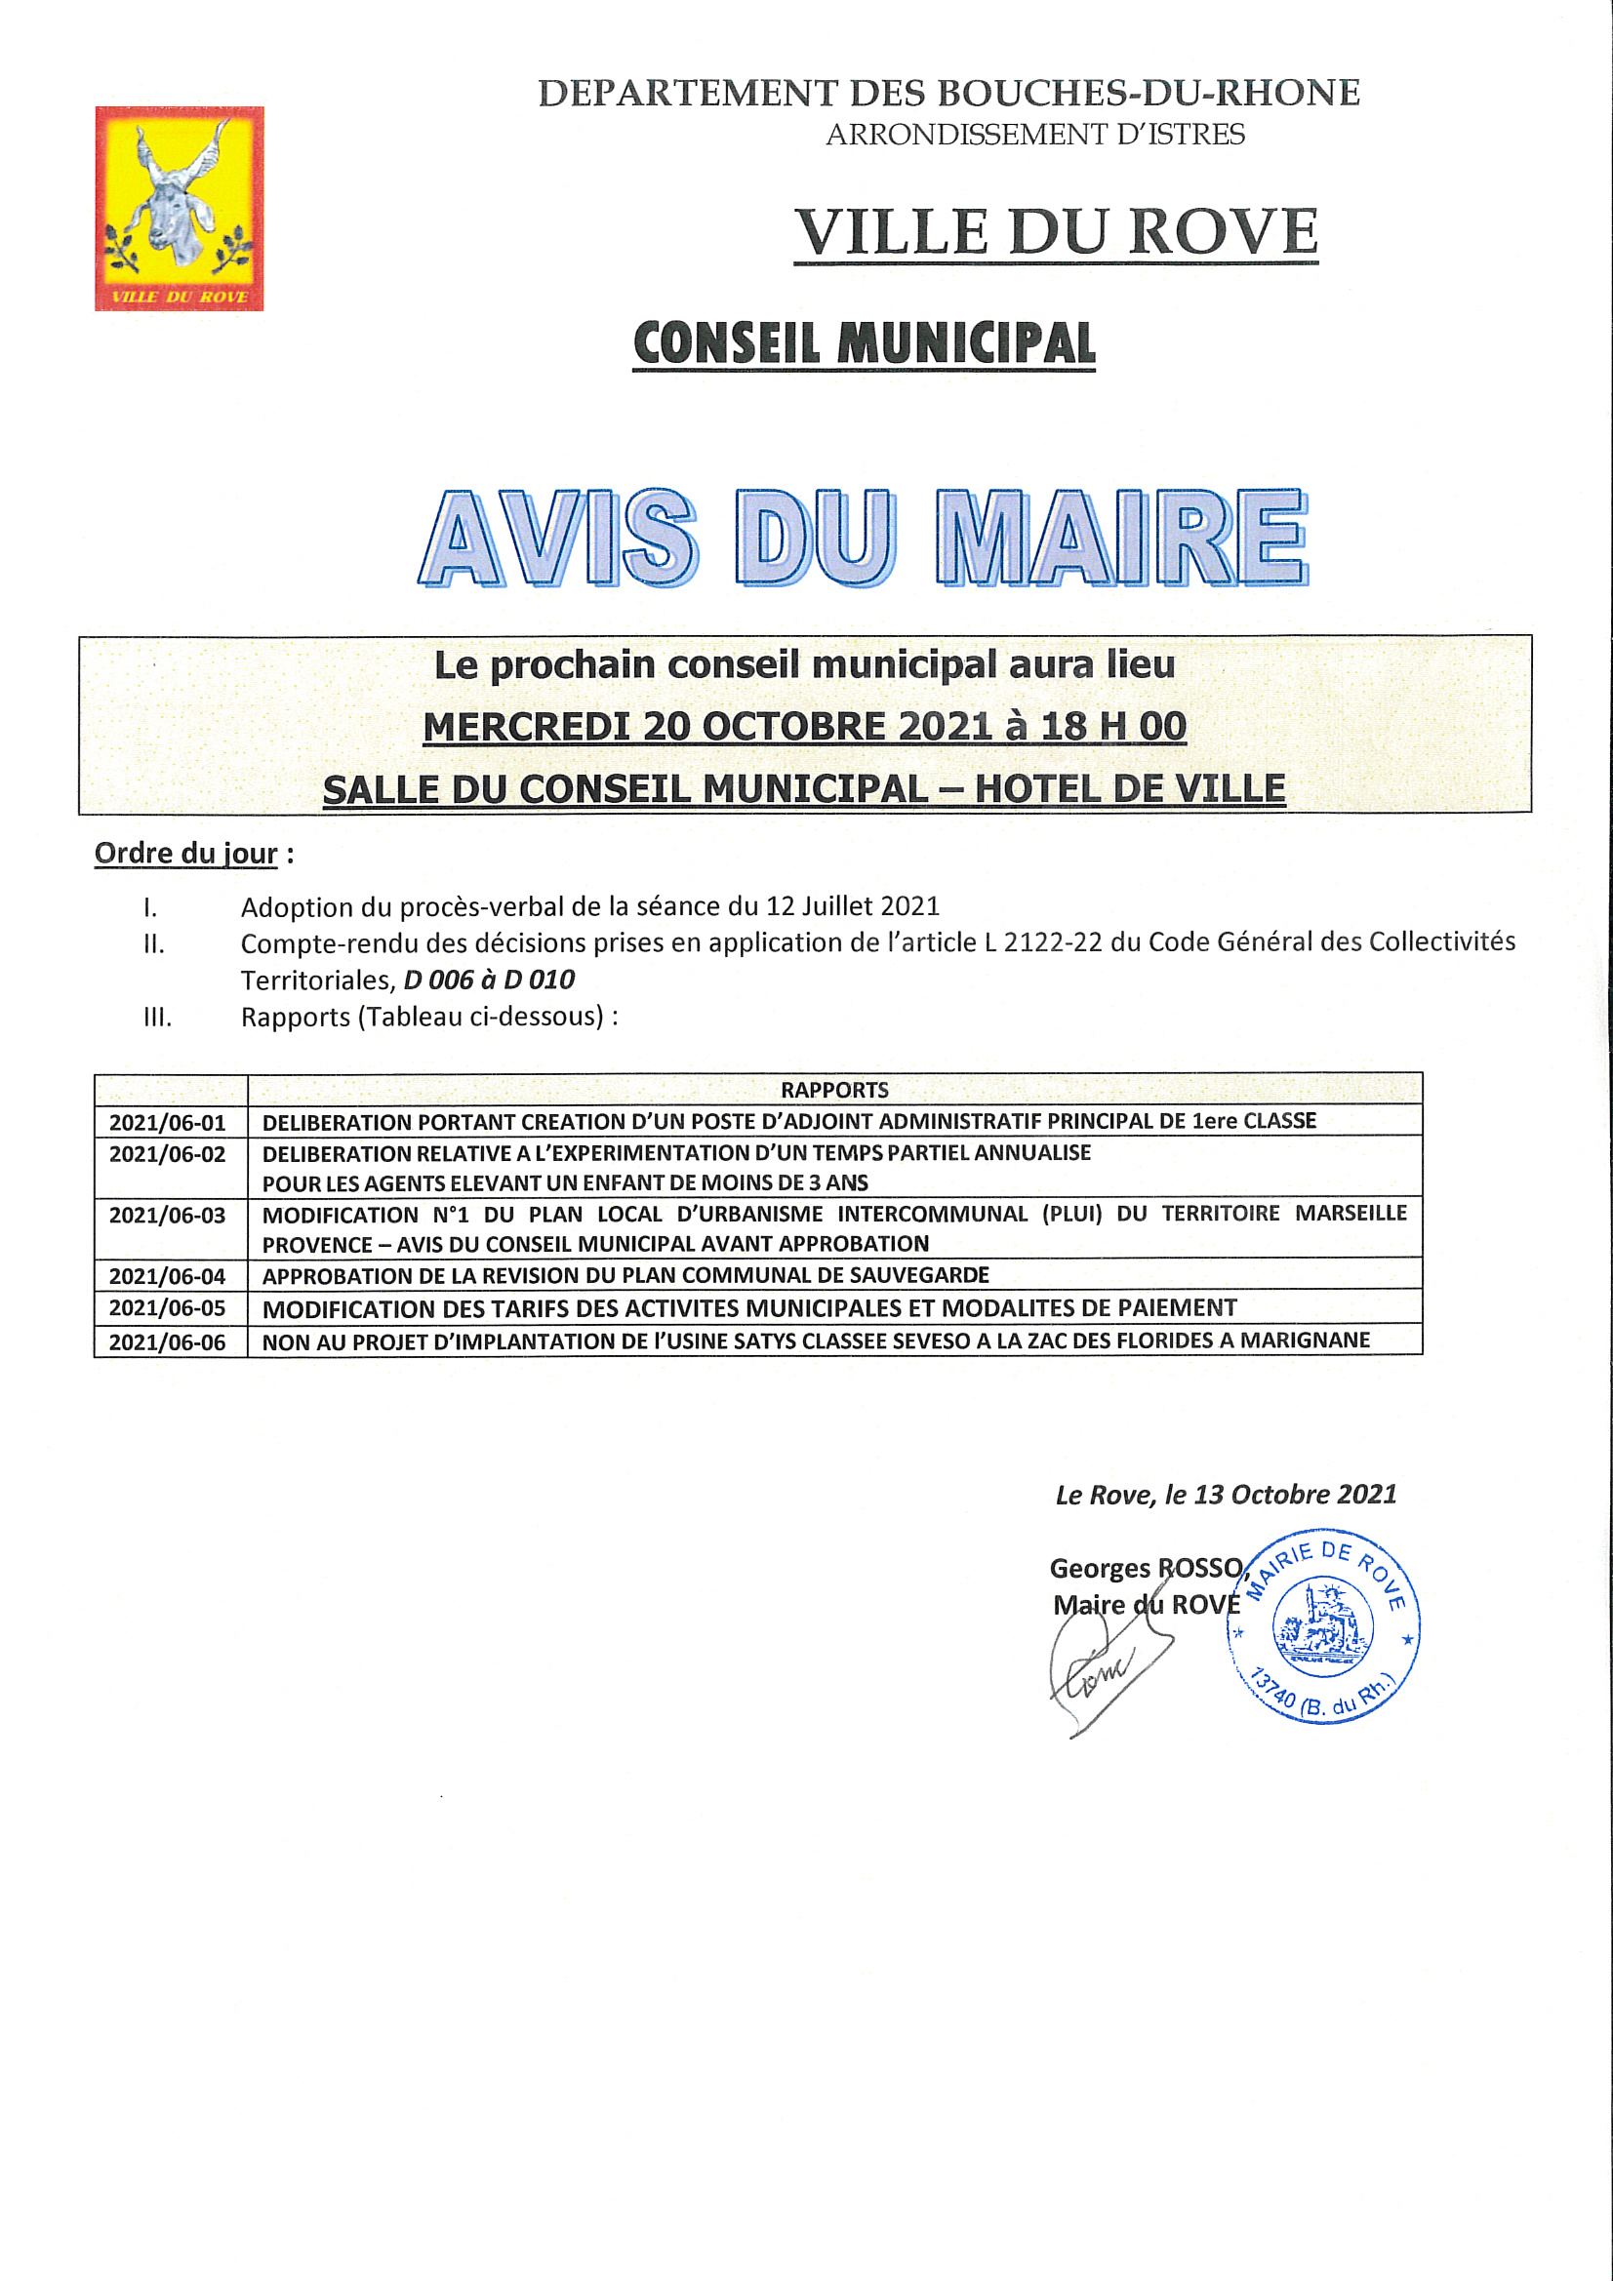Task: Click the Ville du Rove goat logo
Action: [x=179, y=208]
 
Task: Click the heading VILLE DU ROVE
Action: [x=1056, y=232]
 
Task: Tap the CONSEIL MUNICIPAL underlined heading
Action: [x=864, y=343]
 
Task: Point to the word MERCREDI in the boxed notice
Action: [x=526, y=727]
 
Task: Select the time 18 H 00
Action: [x=1113, y=727]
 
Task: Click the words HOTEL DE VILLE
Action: [x=1129, y=790]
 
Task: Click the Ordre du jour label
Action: [x=185, y=854]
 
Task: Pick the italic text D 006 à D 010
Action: [x=489, y=980]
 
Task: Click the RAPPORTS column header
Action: [x=834, y=1090]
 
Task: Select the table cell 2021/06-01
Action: [x=168, y=1123]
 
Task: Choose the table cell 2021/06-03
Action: [x=168, y=1215]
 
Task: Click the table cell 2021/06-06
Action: [x=168, y=1342]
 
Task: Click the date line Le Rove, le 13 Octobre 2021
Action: [x=1226, y=1495]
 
